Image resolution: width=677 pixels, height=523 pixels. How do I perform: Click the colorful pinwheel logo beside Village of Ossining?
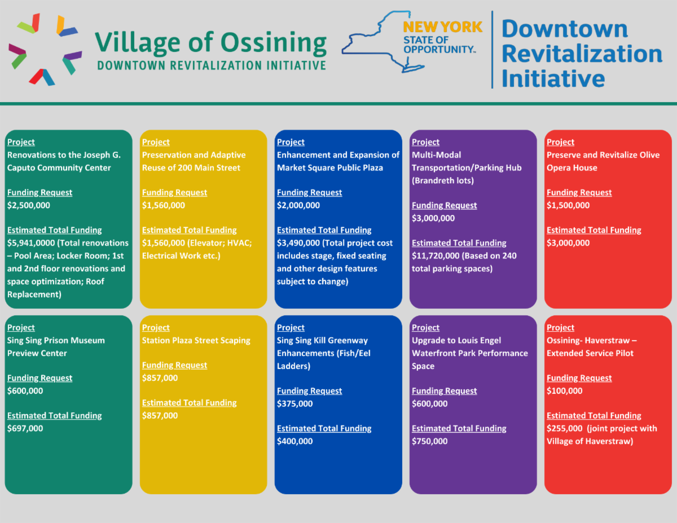tap(45, 49)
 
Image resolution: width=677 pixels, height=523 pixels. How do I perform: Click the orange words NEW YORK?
tap(442, 27)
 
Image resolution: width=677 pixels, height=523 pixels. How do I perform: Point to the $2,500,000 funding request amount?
tap(29, 205)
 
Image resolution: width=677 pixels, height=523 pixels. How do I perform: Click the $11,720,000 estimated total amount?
tap(436, 256)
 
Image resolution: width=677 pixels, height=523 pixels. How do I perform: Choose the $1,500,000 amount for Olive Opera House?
tap(568, 205)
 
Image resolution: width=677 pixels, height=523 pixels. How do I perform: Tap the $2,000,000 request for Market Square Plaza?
tap(298, 205)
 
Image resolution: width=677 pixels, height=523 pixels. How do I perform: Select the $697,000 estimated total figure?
tap(25, 428)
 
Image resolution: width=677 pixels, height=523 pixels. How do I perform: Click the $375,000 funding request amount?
tap(295, 404)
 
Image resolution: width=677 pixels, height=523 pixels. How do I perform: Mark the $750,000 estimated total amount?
tap(430, 441)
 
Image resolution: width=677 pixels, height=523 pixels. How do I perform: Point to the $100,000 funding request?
tap(565, 391)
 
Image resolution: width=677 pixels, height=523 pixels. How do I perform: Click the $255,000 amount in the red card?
tap(565, 428)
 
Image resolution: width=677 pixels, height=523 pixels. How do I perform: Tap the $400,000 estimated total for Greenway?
tap(295, 441)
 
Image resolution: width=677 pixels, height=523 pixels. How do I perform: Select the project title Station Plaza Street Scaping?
tap(196, 340)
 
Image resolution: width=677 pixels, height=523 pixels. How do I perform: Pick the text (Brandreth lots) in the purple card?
tap(442, 181)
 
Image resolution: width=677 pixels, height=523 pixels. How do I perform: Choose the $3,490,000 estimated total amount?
tap(298, 243)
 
